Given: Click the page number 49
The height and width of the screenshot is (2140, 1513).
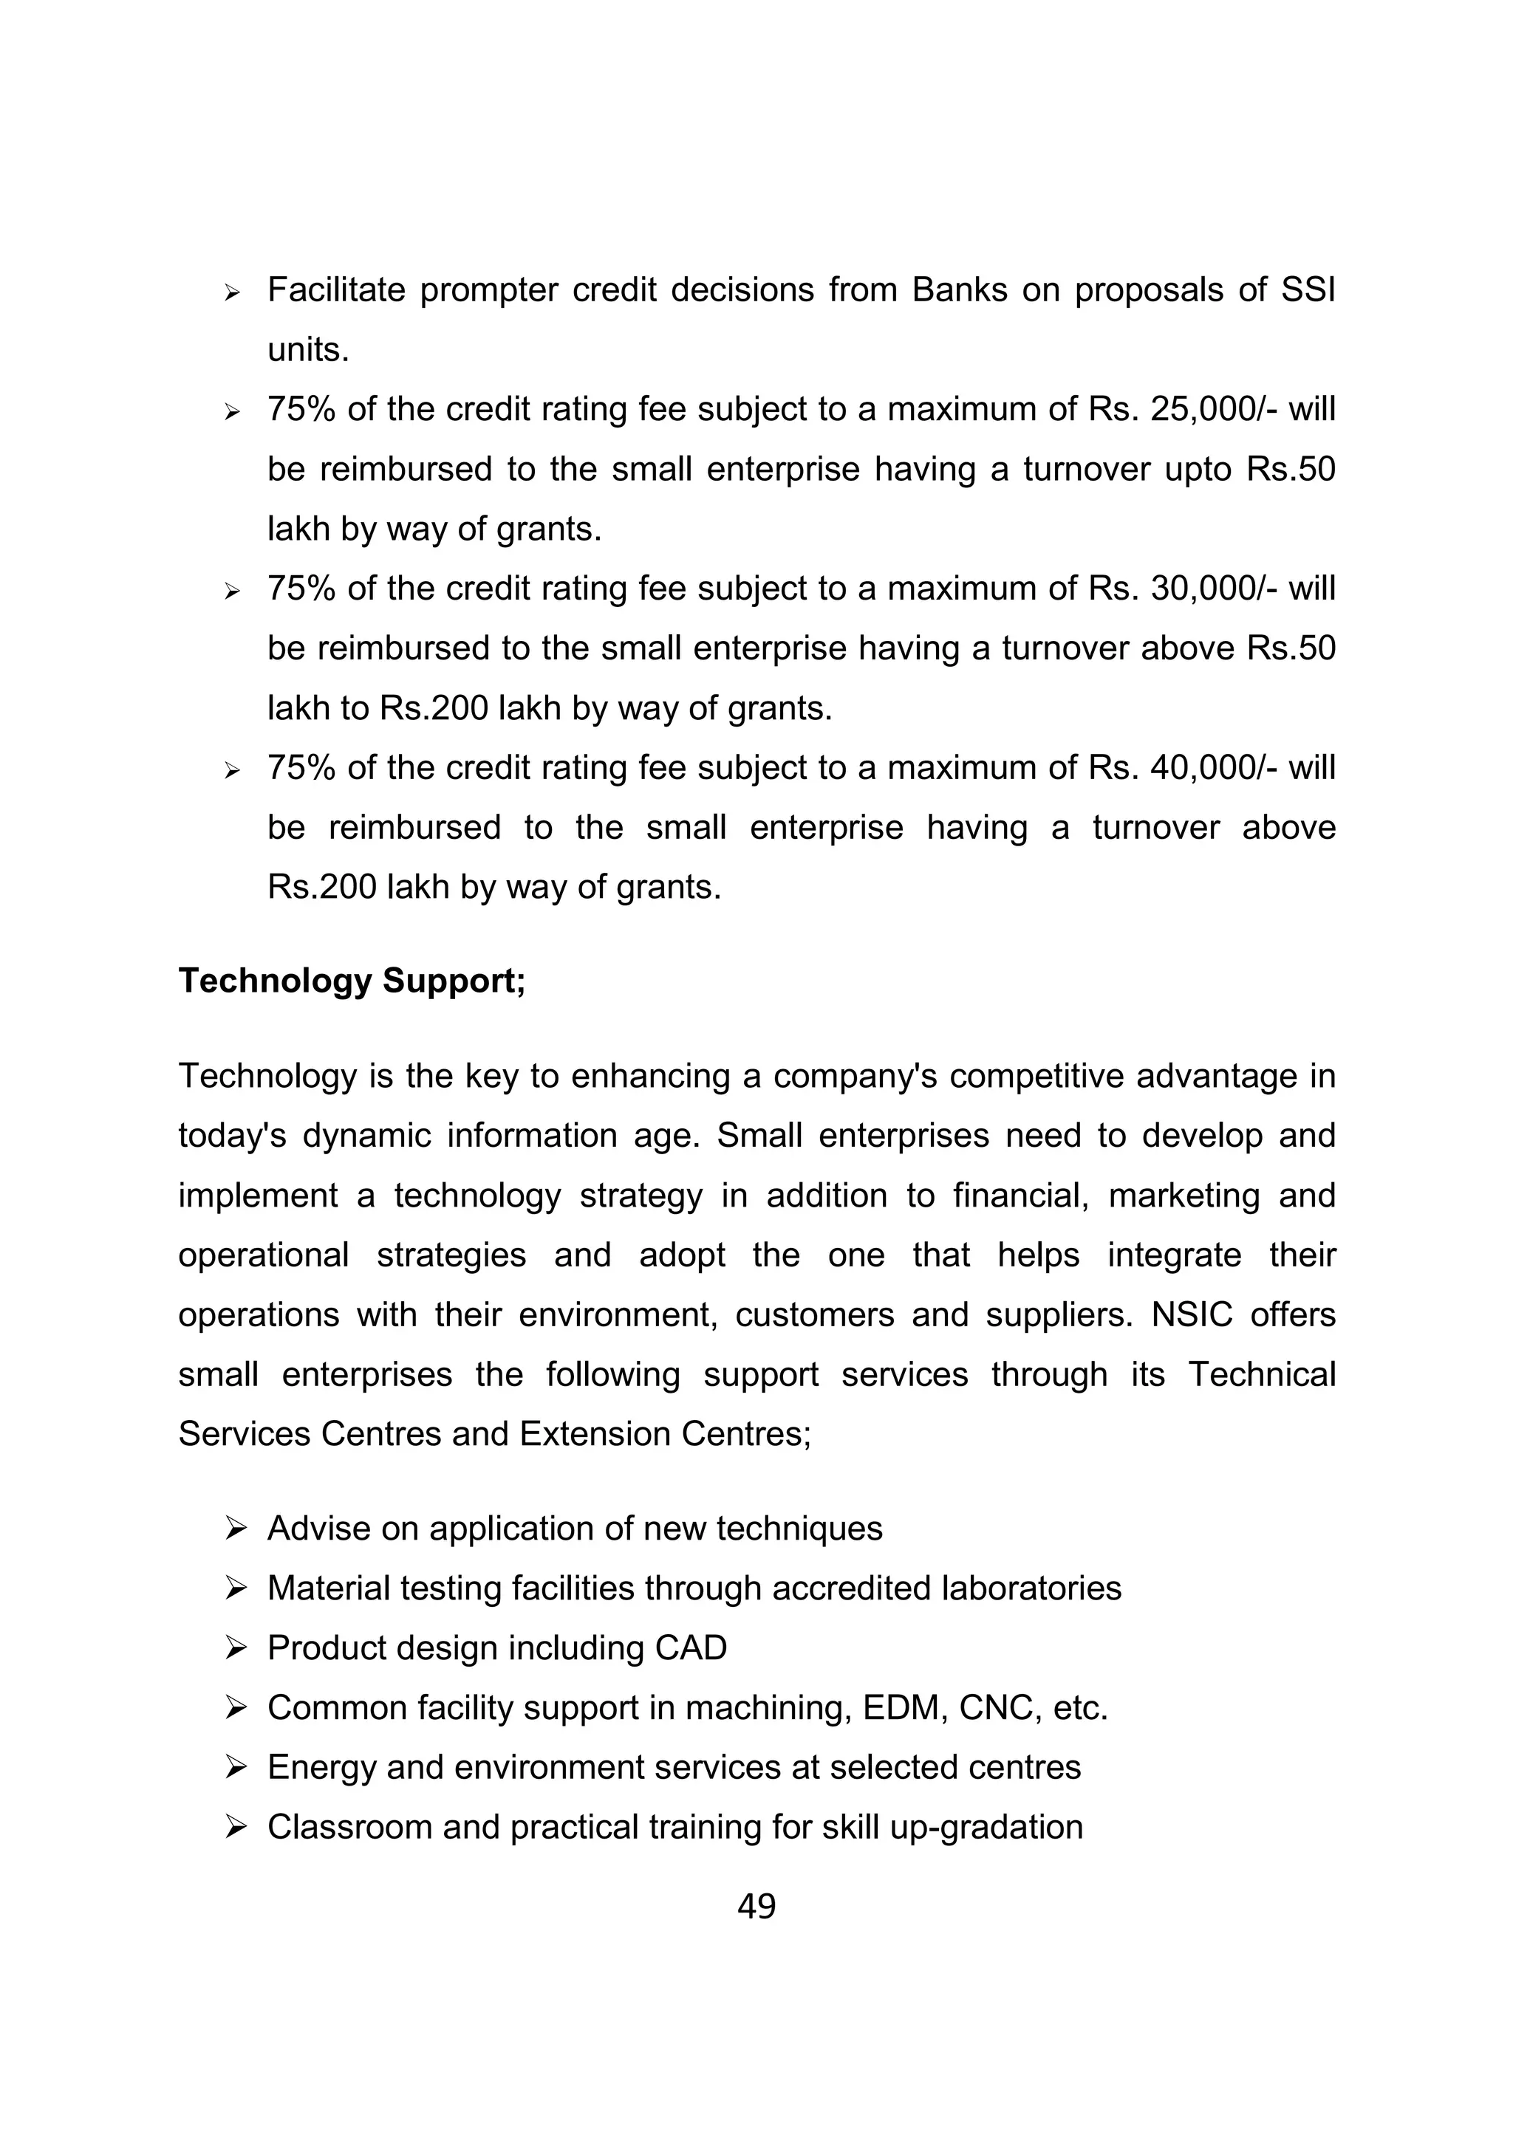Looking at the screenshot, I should click(756, 1906).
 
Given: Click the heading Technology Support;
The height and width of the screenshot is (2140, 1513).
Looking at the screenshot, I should click(352, 981).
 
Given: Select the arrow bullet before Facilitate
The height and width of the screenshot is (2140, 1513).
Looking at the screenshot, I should click(232, 295).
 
